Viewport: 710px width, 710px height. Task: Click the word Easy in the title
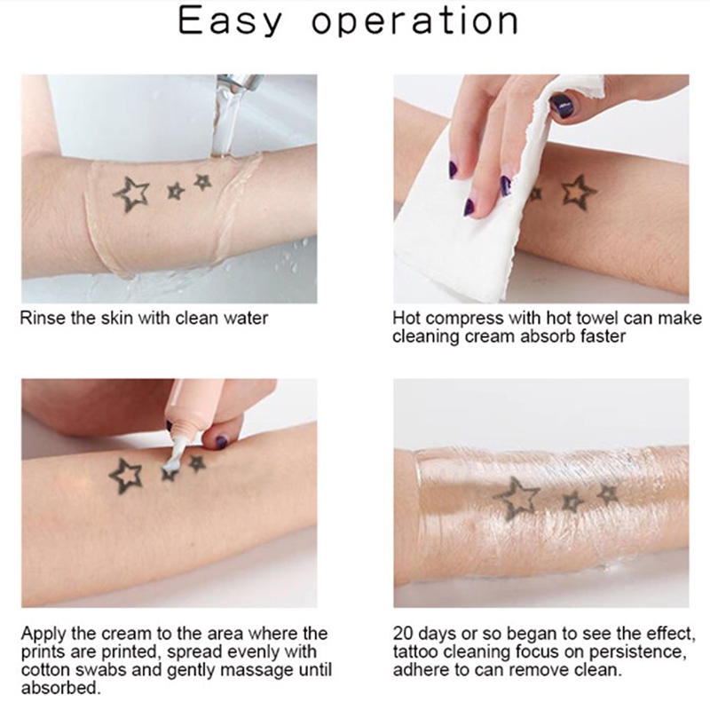coord(230,21)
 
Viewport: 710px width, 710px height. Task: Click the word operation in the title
coord(414,22)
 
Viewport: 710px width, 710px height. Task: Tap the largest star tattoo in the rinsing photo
coord(131,194)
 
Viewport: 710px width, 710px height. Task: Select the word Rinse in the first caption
coord(43,319)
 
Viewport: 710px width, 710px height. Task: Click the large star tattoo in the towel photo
coord(580,192)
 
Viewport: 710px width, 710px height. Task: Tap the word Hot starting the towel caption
coord(406,318)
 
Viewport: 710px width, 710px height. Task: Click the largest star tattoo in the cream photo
coord(126,477)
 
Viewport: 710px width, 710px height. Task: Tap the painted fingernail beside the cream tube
coord(221,441)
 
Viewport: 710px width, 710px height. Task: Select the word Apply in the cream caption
coord(43,635)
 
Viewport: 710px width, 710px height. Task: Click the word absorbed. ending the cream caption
coord(60,689)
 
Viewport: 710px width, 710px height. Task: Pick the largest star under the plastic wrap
coord(517,498)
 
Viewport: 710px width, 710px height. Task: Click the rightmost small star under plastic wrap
coord(608,493)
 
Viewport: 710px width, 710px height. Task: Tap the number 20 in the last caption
coord(402,634)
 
